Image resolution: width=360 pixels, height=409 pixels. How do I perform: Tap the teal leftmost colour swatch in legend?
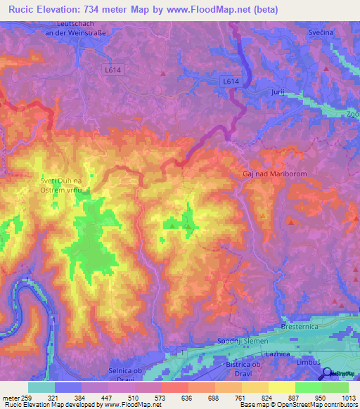[41, 387]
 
